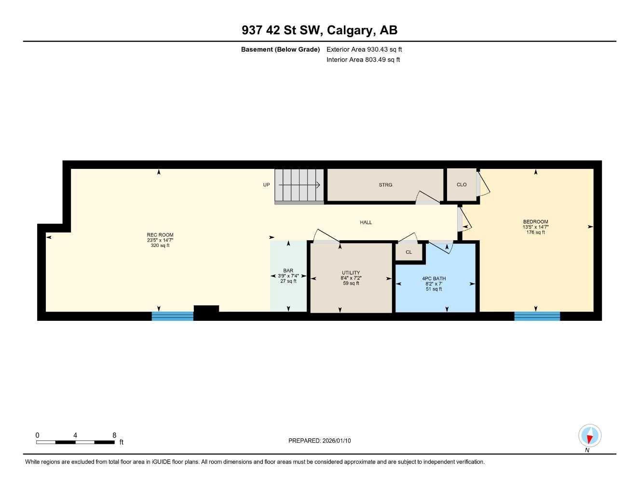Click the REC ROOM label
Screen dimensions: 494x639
[160, 235]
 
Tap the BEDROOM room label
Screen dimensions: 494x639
[535, 222]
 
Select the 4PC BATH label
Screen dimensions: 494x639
[434, 278]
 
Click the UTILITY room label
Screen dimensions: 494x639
[351, 273]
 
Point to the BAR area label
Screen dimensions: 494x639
[288, 271]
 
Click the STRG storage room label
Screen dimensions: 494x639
[385, 185]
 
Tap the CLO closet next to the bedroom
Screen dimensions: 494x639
[462, 185]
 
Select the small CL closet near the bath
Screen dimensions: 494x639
[409, 252]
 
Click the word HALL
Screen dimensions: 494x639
[366, 222]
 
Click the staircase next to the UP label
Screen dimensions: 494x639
[299, 185]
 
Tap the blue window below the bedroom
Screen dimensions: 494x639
[537, 316]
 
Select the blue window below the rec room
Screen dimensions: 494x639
[172, 316]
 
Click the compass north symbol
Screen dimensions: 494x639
[589, 436]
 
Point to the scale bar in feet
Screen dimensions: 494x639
[75, 442]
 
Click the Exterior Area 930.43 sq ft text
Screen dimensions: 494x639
[364, 49]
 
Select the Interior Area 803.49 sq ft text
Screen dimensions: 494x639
[363, 60]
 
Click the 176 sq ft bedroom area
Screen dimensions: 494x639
[535, 233]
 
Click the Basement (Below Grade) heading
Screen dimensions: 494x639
[280, 49]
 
